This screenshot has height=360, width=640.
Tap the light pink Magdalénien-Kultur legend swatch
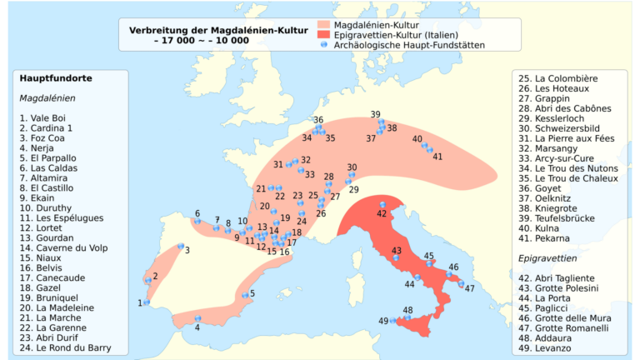tap(326, 27)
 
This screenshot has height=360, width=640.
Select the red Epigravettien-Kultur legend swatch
tap(326, 36)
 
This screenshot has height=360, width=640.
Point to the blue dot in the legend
tap(326, 46)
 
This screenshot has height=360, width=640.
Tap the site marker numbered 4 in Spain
tap(198, 318)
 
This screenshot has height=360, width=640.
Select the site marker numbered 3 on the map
tap(181, 247)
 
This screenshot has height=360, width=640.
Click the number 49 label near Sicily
tap(383, 321)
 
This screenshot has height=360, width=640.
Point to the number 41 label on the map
tap(437, 157)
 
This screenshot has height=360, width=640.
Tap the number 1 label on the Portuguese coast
tap(140, 303)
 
